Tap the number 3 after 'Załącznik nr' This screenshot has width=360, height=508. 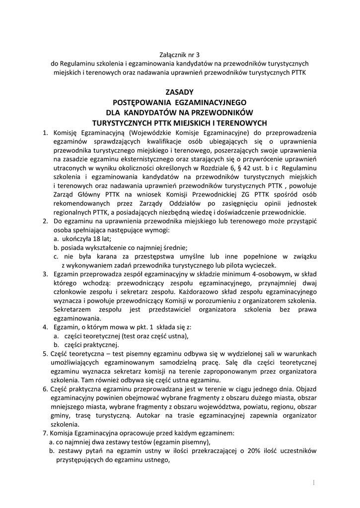202,54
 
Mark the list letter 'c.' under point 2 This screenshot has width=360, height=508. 56,256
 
